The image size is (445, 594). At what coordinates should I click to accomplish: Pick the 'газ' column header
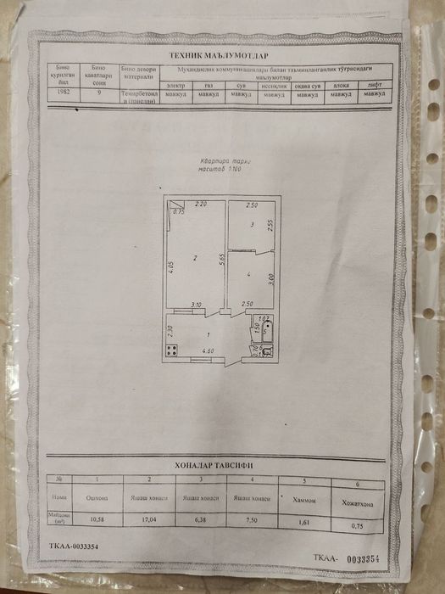click(x=209, y=85)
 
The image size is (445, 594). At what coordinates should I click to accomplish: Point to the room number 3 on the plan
click(x=251, y=225)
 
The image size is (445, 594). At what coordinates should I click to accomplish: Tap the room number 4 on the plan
click(x=248, y=275)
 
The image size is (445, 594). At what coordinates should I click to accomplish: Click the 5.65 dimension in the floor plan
click(x=220, y=261)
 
